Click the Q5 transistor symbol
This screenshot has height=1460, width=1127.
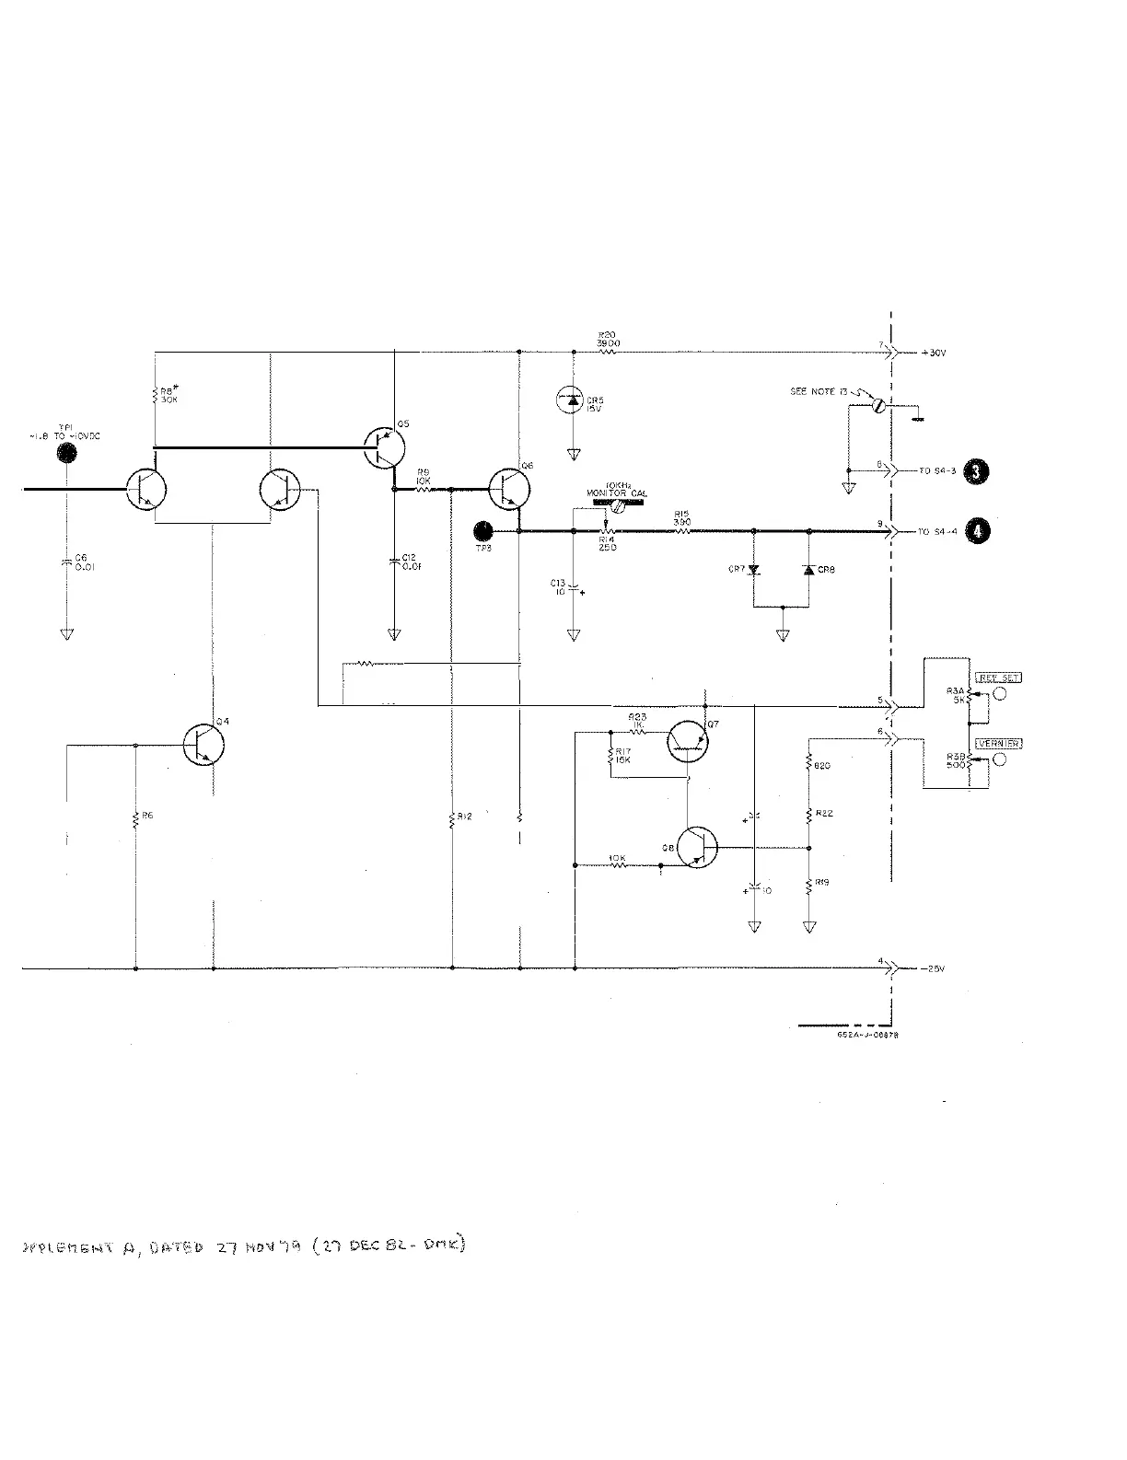[x=384, y=448]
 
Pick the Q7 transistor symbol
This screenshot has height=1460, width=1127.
[x=690, y=741]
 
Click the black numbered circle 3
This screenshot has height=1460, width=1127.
[x=977, y=472]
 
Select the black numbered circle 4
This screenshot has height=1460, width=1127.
[x=977, y=531]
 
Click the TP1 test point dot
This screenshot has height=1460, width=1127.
[x=66, y=453]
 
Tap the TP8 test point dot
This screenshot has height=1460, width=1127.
[x=482, y=530]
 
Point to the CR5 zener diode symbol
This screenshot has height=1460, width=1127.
[x=573, y=400]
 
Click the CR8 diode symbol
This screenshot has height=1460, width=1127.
[x=808, y=571]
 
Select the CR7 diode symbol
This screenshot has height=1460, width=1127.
[x=754, y=571]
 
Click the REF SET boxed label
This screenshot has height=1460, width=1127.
[x=998, y=678]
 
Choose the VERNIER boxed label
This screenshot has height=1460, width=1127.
[x=998, y=744]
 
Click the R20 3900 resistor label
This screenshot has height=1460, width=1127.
[x=608, y=339]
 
